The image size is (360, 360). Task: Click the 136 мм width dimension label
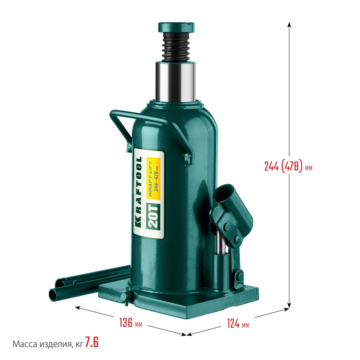tap(131, 323)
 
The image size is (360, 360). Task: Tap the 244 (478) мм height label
tap(288, 167)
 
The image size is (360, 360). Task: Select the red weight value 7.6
tap(92, 343)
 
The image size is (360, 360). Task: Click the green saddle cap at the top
tap(176, 28)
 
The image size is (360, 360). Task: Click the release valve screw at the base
tap(127, 298)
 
